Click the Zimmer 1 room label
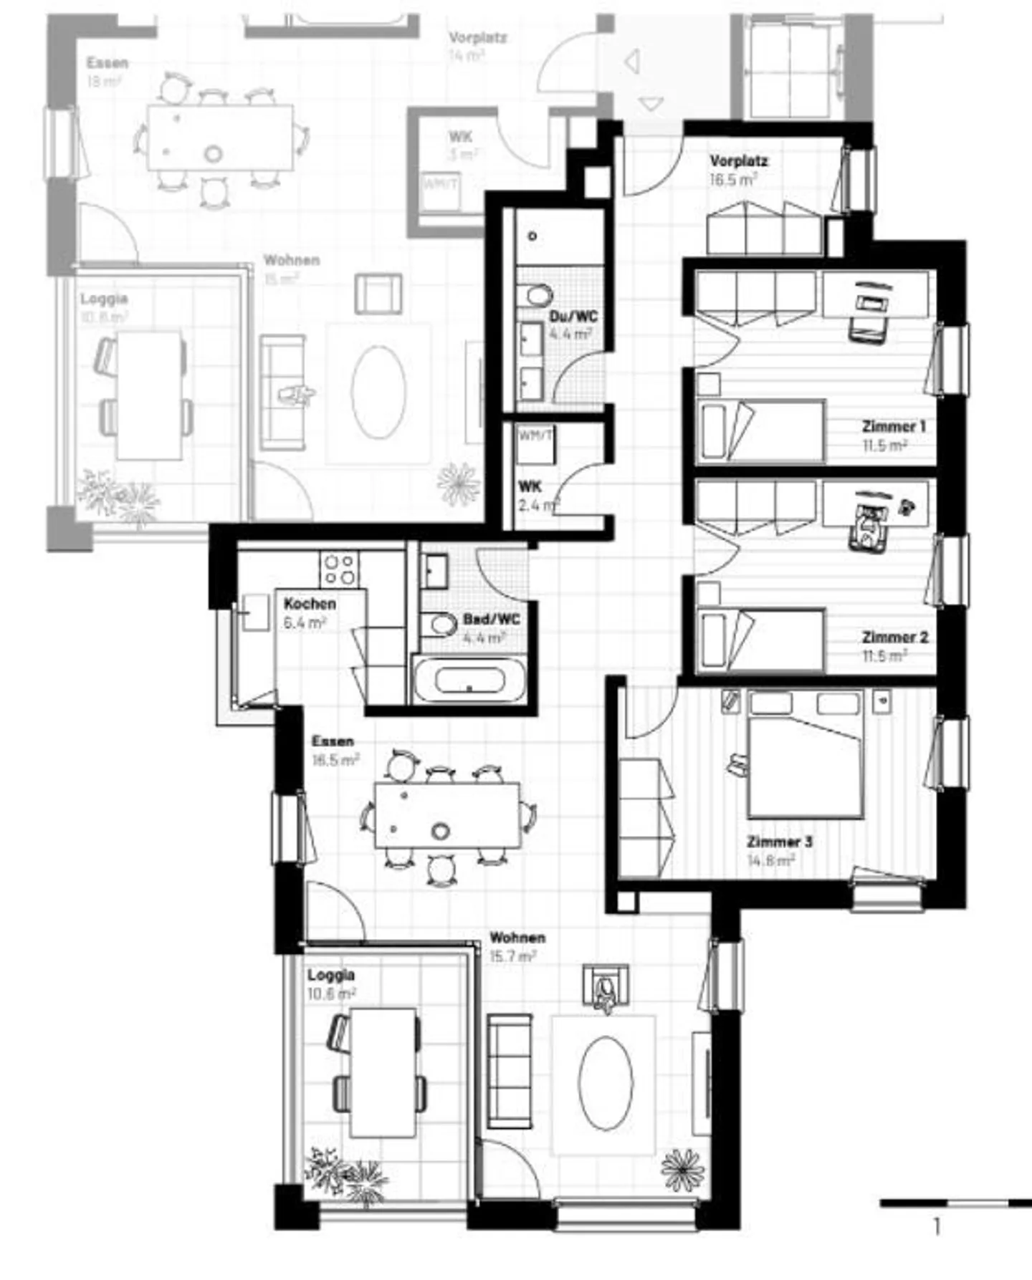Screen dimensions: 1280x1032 (893, 426)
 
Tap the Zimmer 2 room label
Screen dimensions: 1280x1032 (894, 637)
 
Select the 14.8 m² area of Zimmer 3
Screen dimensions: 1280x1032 (771, 860)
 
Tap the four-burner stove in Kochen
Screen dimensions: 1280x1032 (339, 569)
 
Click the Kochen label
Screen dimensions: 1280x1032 (310, 604)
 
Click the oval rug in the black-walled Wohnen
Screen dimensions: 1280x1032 (606, 1083)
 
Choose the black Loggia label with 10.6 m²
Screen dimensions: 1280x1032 (331, 975)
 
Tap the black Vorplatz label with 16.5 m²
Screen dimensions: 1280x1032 (738, 161)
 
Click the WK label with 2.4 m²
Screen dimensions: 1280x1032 (530, 487)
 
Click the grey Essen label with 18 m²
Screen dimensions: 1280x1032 (107, 63)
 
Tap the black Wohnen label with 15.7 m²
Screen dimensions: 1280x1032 (517, 938)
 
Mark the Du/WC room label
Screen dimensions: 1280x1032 (573, 317)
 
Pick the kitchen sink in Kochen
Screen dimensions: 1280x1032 (254, 613)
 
